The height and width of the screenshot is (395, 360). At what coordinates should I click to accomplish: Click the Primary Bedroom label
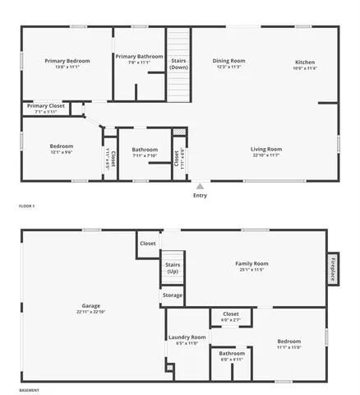coord(67,61)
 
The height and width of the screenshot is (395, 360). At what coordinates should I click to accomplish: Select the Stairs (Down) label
coord(178,63)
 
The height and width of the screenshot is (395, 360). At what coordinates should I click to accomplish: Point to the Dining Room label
coord(229,61)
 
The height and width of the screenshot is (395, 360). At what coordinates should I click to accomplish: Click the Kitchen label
coord(305,63)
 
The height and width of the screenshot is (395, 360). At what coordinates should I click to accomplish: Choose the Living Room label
coord(266,149)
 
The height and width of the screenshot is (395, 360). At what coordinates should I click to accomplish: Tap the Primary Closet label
coord(46,105)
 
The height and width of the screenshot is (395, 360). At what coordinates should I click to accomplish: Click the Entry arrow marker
coord(200,186)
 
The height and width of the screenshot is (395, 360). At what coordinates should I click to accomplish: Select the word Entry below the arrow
coord(200,196)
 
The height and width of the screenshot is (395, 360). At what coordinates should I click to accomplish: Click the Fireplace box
coord(333,267)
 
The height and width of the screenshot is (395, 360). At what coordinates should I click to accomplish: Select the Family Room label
coord(252,263)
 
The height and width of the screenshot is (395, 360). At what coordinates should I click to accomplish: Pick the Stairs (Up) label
coord(173,267)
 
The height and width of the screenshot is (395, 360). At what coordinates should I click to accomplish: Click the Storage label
coord(173,295)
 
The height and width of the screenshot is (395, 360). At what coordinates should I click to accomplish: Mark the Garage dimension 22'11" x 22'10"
coord(90,312)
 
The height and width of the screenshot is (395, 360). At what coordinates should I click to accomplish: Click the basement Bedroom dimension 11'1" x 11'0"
coord(288,347)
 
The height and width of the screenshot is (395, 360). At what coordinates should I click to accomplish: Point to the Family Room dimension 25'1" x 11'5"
coord(252,270)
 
